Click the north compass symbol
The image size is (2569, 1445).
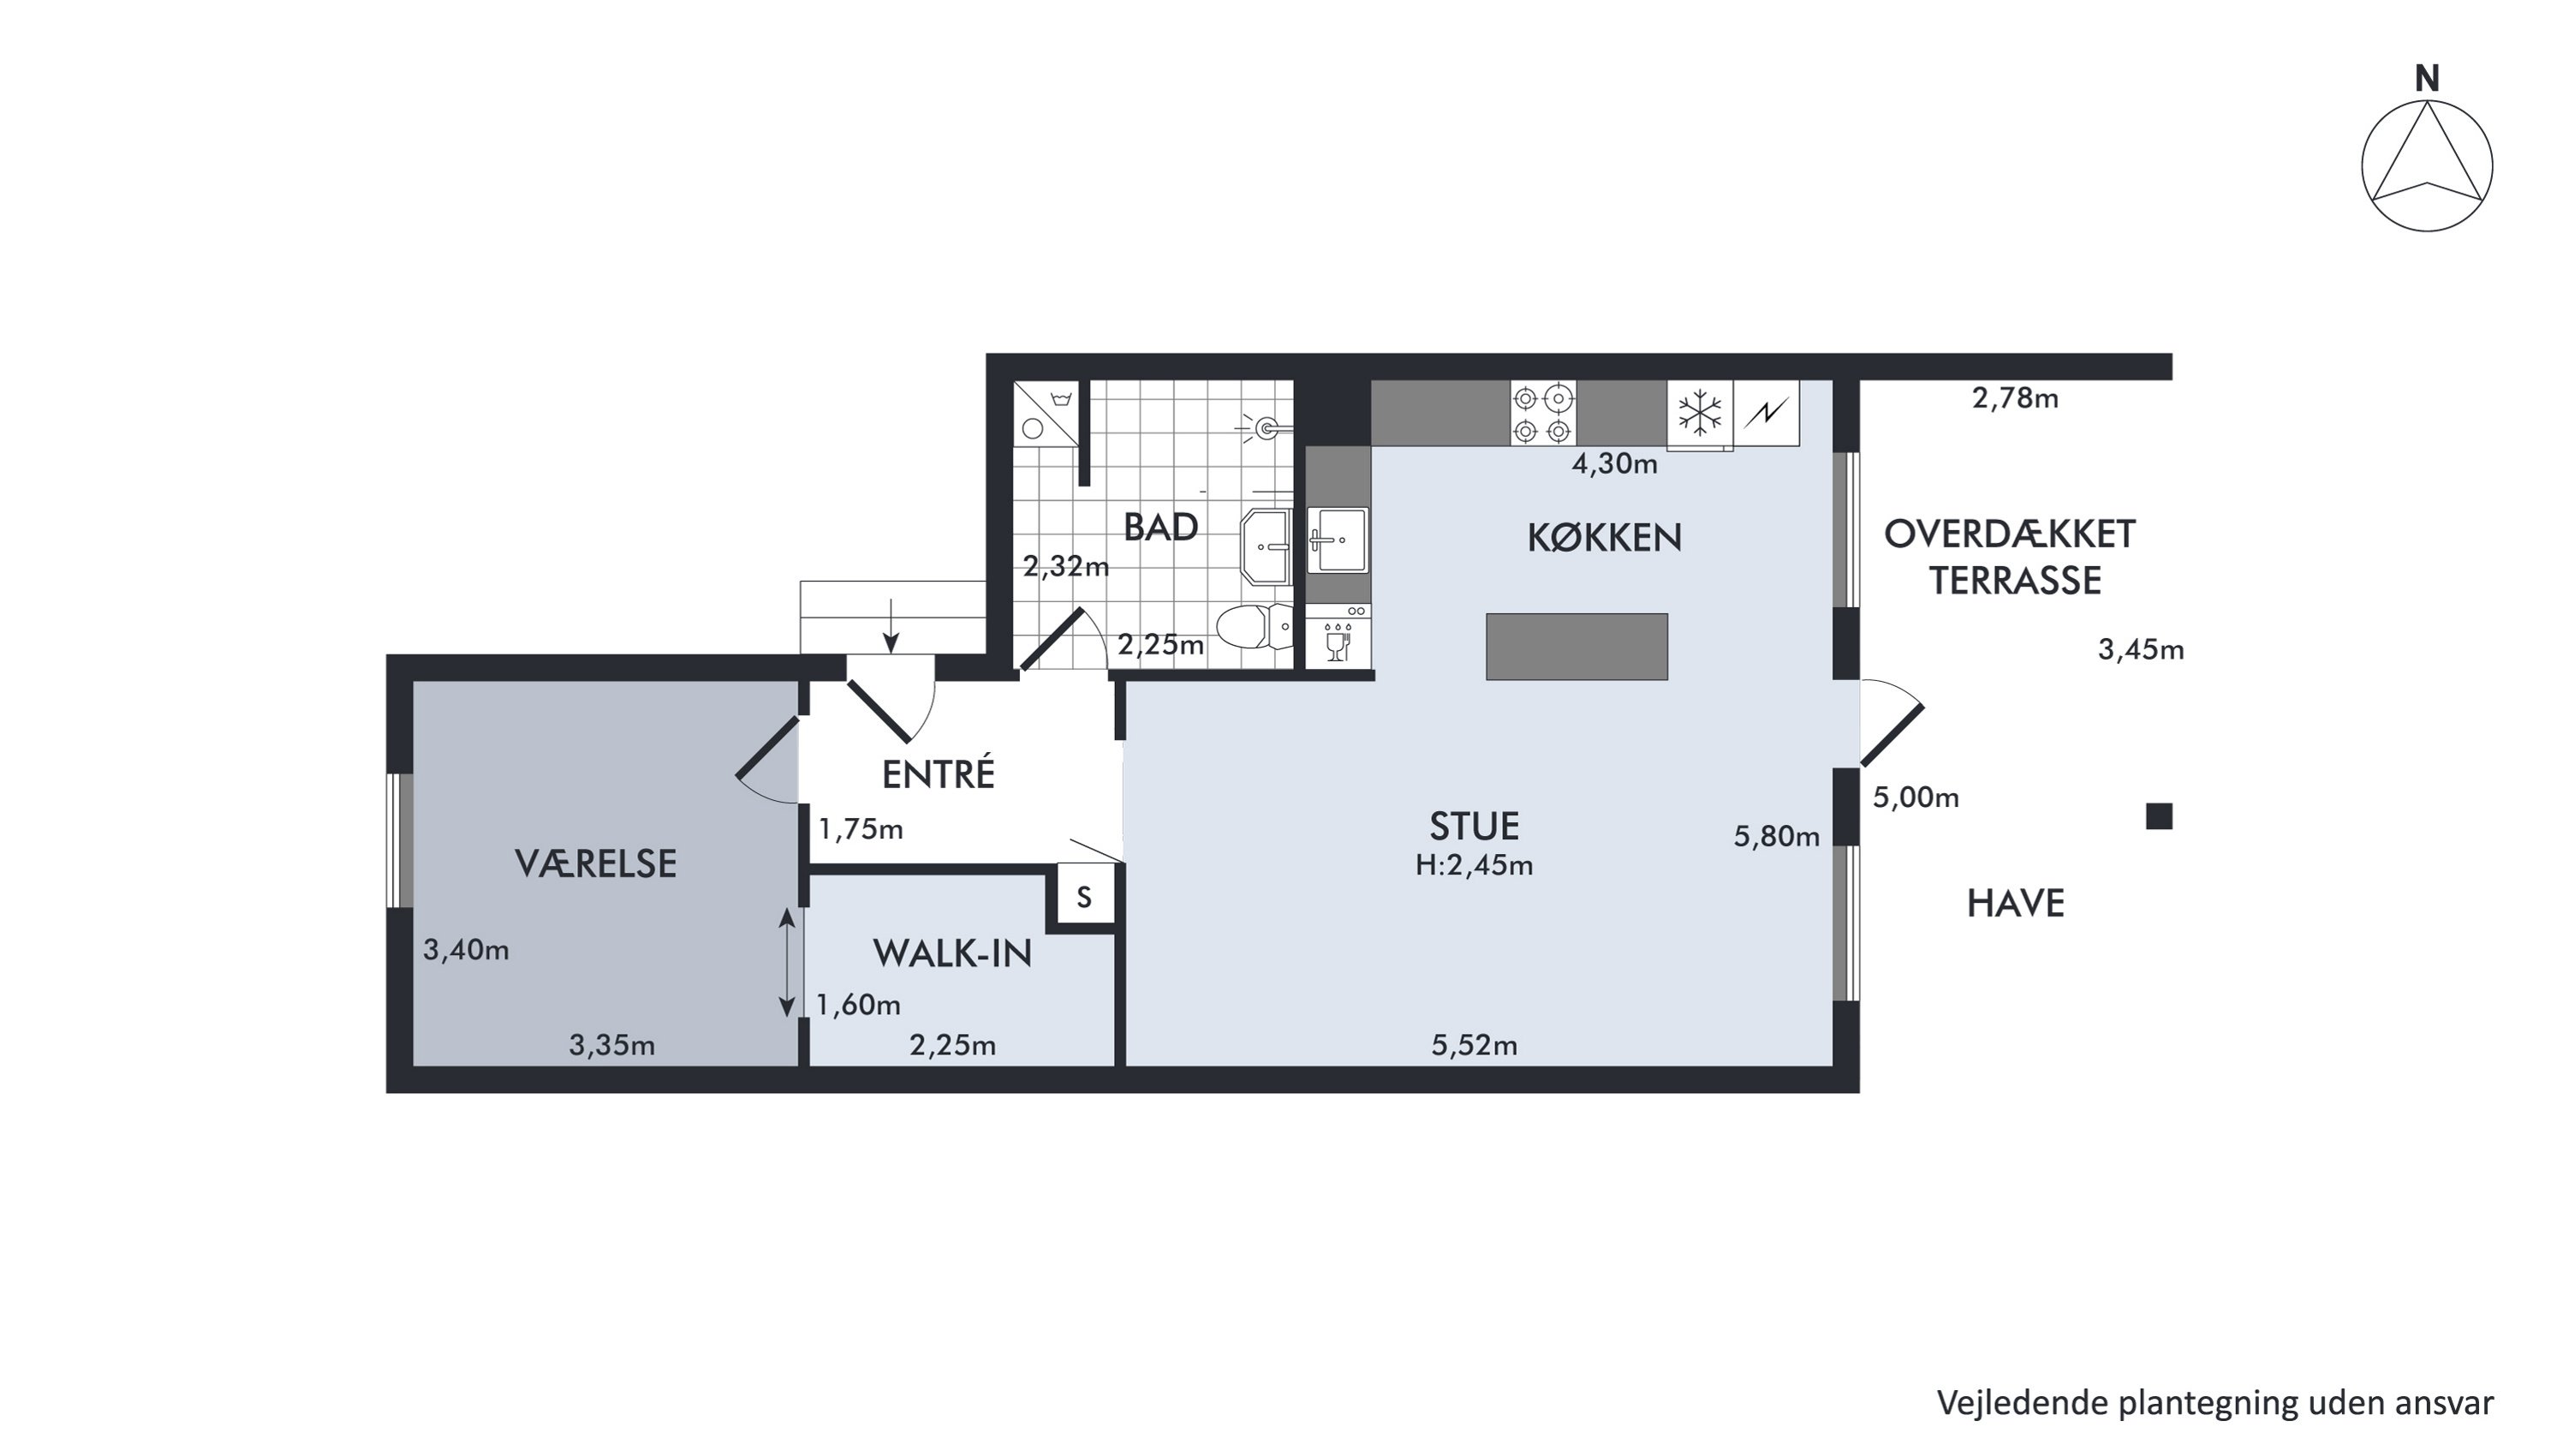coord(2426,165)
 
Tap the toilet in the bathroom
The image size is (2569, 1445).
coord(1254,627)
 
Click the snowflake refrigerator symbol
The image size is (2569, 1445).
coord(1699,413)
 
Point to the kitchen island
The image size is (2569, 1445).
coord(1577,646)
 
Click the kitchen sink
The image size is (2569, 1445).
coord(1338,540)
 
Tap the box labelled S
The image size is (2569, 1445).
coord(1084,898)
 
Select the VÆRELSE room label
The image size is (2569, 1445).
coord(595,863)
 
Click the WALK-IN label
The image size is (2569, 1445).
coord(952,953)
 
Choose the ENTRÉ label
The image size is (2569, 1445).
coord(939,773)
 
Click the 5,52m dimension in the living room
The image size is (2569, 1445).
coord(1474,1044)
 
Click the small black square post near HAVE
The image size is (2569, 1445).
coord(2159,817)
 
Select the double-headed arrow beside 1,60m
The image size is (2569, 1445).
coord(787,963)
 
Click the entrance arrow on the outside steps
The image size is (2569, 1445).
coord(891,626)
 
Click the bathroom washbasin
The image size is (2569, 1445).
coord(1267,546)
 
